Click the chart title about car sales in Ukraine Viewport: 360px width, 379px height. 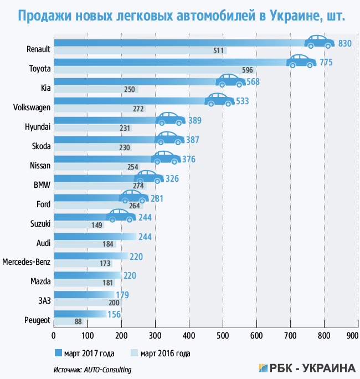point(180,16)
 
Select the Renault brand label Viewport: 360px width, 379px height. point(38,49)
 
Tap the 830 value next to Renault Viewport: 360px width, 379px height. point(345,44)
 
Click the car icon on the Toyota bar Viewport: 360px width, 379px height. point(301,60)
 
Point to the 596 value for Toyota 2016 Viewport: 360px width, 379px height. point(248,70)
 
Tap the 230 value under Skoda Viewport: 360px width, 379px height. point(124,147)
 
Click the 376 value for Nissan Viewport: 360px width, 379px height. point(188,160)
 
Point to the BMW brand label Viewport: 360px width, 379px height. point(42,185)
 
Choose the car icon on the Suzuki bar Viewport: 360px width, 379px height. point(121,216)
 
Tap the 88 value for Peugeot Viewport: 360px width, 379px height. point(63,322)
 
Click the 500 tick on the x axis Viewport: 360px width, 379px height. point(223,336)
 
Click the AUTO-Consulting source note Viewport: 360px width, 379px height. point(92,369)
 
